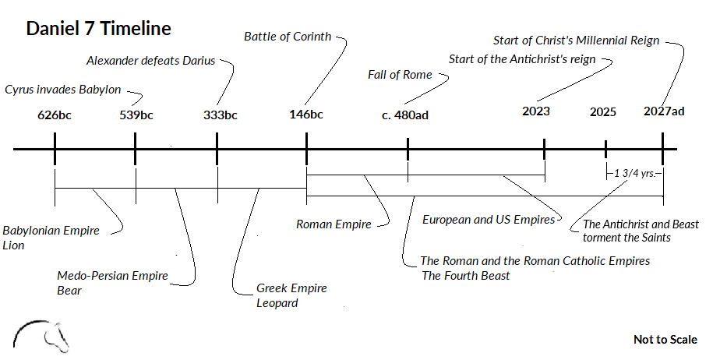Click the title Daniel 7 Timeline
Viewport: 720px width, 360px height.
(x=98, y=29)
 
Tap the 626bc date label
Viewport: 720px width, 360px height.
(x=55, y=115)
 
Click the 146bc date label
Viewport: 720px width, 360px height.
(x=305, y=115)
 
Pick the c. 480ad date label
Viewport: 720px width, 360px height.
(x=405, y=115)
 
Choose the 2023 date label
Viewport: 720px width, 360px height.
(x=536, y=111)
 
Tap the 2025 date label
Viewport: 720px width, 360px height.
(x=602, y=111)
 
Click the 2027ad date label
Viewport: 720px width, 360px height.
(x=664, y=111)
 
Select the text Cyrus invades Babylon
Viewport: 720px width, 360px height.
(x=63, y=90)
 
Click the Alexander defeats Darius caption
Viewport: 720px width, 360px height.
(x=150, y=61)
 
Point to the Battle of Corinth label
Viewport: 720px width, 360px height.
(x=288, y=36)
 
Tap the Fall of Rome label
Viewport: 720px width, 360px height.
(x=399, y=75)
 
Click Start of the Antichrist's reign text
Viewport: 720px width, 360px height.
(x=522, y=59)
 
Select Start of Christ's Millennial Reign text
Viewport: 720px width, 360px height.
(x=577, y=40)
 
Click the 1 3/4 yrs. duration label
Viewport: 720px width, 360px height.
(x=634, y=172)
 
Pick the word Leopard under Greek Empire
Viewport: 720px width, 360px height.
(x=277, y=302)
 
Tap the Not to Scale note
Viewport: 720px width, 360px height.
(x=665, y=339)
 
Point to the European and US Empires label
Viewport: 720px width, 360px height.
(x=489, y=220)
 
